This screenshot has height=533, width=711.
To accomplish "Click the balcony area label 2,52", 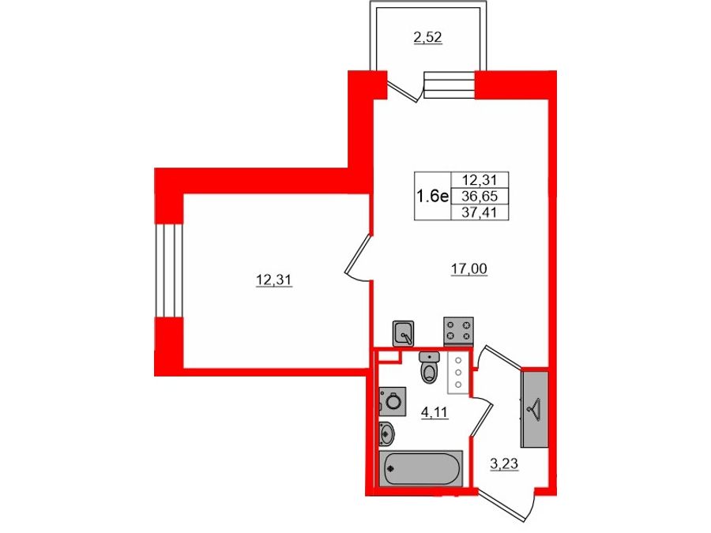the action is tap(427, 37).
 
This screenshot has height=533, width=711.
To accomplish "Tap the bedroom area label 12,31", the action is tap(273, 280).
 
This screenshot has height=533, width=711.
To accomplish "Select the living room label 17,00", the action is tap(468, 269).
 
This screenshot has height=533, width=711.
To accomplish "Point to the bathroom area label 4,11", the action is tap(434, 412).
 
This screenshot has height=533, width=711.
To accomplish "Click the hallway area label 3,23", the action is tap(504, 464).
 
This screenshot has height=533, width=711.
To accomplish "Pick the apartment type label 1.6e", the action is tap(432, 197).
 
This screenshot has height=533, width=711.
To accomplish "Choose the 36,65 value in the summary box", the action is tap(480, 197).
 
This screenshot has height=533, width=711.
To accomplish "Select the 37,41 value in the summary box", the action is tap(480, 212).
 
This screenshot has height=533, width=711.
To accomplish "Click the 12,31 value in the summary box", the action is tap(480, 180).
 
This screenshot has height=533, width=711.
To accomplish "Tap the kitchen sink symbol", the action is tap(403, 333).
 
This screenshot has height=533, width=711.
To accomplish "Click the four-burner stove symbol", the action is tap(458, 330).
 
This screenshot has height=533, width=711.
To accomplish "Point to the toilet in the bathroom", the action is tap(429, 366).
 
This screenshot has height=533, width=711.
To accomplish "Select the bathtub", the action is tap(420, 468).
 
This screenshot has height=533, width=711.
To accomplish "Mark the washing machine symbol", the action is tap(392, 401).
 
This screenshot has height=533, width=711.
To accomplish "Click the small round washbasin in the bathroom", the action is tap(386, 434).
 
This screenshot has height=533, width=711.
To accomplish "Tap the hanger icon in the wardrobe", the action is tap(535, 408).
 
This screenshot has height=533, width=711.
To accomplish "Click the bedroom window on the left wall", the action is tap(169, 270).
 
